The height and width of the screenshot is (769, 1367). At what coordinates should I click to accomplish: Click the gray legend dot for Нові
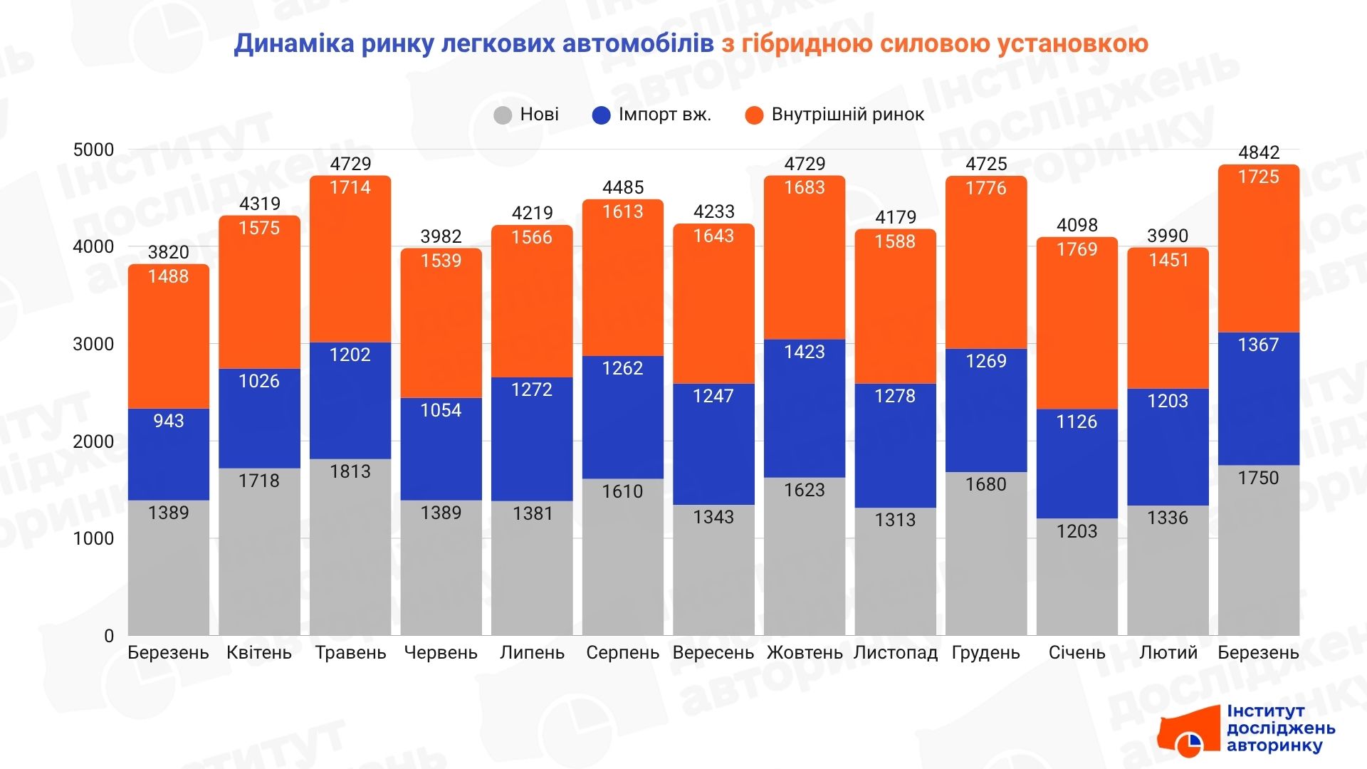coord(503,115)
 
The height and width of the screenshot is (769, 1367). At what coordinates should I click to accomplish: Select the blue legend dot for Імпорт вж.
coord(601,115)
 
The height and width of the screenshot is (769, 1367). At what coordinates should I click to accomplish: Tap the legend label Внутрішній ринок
coord(847,115)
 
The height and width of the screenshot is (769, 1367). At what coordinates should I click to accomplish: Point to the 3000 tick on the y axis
coord(93,344)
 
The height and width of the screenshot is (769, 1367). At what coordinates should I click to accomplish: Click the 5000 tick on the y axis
coord(93,150)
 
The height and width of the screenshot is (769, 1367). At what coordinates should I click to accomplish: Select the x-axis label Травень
coord(350,653)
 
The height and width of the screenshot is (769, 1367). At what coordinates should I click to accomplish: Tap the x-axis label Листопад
coord(895,653)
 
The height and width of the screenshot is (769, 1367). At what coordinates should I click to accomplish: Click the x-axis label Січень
coord(1077,653)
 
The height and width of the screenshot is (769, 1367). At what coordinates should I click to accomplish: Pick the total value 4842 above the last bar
coord(1258,152)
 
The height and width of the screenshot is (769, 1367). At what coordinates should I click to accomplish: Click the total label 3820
coord(169,252)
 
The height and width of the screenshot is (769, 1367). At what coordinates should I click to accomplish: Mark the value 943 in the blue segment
coord(169,421)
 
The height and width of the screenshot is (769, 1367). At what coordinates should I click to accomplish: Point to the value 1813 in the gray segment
coord(350,471)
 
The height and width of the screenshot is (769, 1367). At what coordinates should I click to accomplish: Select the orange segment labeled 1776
coord(986,263)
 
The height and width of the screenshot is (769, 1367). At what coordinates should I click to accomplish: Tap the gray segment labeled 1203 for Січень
coord(1077,577)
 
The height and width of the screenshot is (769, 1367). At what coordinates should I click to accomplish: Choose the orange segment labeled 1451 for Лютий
coord(1168,320)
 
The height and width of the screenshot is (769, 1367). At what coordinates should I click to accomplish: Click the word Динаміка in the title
coord(294,43)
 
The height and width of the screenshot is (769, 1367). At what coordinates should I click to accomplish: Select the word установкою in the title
coord(1072,43)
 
